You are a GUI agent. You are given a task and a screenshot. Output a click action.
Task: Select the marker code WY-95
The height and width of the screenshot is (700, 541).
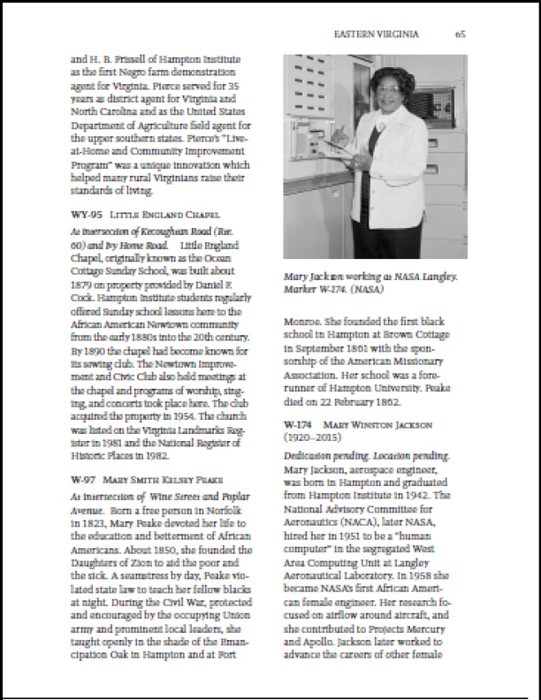86,215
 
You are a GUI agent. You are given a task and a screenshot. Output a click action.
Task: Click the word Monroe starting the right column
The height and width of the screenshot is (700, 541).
302,323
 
